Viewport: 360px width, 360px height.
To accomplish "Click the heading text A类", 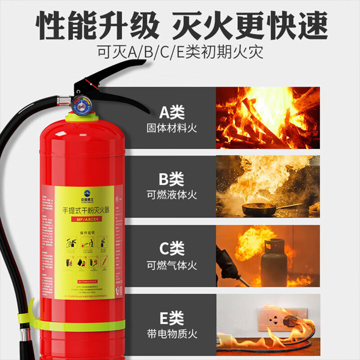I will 171,112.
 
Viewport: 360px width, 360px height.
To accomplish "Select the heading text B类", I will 171,180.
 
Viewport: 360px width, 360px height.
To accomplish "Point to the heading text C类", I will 171,248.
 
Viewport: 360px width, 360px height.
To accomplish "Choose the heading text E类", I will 171,318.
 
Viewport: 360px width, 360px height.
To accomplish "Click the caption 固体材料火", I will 171,128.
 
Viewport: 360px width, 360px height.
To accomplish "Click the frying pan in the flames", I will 260,209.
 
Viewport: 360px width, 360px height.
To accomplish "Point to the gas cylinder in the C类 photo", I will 274,261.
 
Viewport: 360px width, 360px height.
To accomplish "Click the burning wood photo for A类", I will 268,118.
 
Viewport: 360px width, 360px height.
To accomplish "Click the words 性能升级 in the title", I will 97,26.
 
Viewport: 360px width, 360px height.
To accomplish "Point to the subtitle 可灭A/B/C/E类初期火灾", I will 180,51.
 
